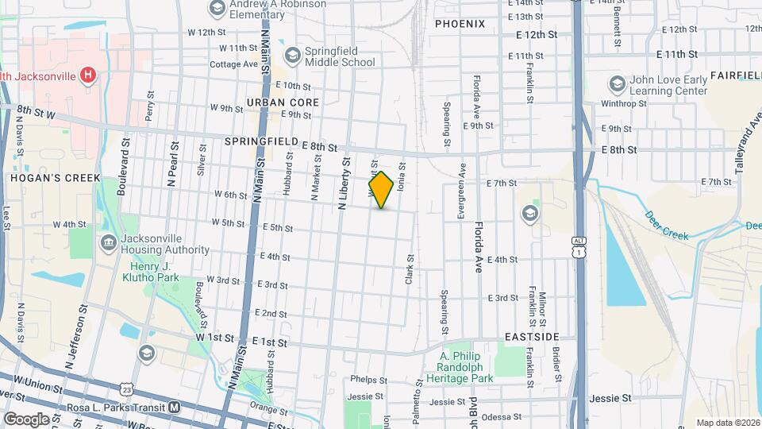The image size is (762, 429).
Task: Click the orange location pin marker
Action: pyautogui.click(x=381, y=190)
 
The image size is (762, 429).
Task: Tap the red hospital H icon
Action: pyautogui.click(x=89, y=75)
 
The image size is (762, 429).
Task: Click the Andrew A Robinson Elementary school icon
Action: pyautogui.click(x=216, y=9)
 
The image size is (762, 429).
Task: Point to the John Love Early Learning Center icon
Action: pyautogui.click(x=617, y=84)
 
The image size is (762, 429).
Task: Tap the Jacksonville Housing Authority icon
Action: pyautogui.click(x=107, y=243)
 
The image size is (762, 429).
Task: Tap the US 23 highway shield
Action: pyautogui.click(x=126, y=388)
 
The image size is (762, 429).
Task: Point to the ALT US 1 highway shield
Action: pyautogui.click(x=579, y=245)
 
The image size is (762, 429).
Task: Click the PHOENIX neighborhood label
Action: pyautogui.click(x=460, y=24)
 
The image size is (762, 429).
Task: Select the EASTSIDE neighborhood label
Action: pyautogui.click(x=532, y=337)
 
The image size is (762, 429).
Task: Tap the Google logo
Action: pyautogui.click(x=26, y=419)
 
